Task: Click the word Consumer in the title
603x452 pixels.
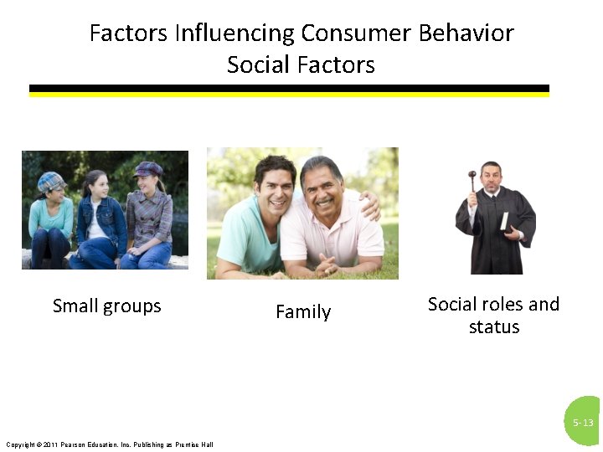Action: [356, 33]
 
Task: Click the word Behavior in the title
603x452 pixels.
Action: [466, 33]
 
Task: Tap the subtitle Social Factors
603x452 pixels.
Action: [301, 64]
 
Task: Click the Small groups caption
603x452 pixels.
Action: [106, 306]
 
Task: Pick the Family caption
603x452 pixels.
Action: [303, 312]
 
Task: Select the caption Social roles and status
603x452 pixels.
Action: [493, 315]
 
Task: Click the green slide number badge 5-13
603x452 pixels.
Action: [584, 422]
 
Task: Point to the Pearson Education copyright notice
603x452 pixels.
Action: [109, 444]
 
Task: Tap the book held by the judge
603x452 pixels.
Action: [504, 221]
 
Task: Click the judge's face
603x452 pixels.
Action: [491, 177]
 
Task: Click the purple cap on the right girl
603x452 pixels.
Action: [147, 169]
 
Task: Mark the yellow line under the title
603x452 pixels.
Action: [289, 95]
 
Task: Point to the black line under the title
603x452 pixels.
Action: [289, 88]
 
